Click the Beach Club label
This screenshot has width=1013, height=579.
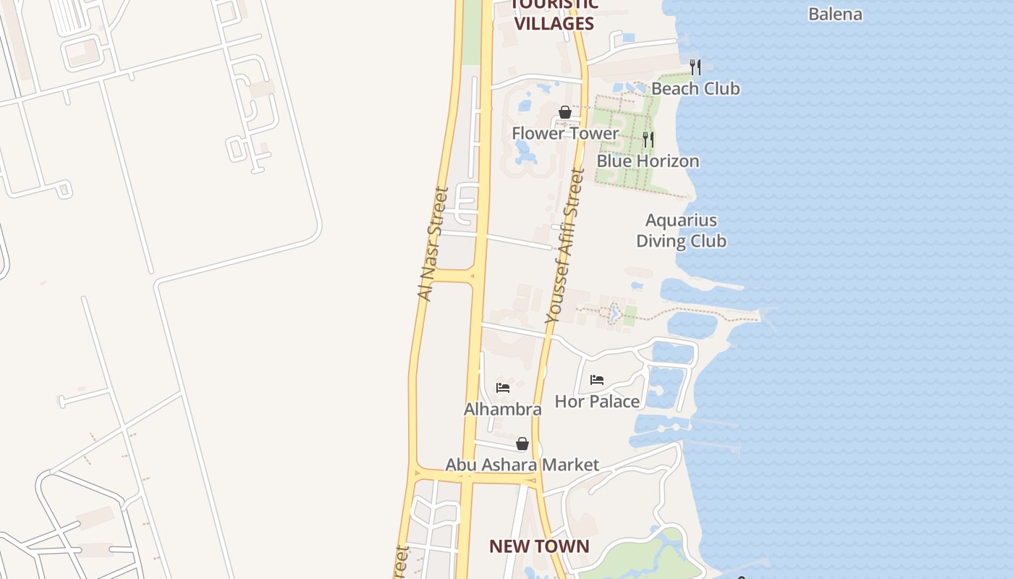(695, 88)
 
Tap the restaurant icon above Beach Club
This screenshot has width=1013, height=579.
(695, 67)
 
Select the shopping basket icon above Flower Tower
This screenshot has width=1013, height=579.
(565, 112)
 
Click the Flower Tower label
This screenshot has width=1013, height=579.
(565, 133)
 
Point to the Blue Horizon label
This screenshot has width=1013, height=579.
(648, 161)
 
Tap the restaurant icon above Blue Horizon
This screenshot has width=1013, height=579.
(648, 140)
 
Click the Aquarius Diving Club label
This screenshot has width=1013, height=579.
(681, 230)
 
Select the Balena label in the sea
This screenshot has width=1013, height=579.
(835, 14)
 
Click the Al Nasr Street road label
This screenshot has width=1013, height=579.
(433, 244)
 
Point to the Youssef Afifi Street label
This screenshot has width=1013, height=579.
(564, 245)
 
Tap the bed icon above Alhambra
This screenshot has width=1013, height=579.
(503, 388)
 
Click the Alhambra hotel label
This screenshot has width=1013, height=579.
(502, 409)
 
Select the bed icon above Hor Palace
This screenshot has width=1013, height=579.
(597, 379)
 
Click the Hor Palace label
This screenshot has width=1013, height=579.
(597, 401)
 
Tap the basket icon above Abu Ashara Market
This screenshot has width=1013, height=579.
(522, 444)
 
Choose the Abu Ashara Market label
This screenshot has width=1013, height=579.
(522, 465)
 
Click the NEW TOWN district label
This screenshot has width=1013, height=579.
(539, 546)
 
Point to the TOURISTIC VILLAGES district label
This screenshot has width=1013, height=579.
(554, 14)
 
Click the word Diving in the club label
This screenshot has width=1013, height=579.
(660, 240)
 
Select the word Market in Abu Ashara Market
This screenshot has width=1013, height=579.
(571, 465)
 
